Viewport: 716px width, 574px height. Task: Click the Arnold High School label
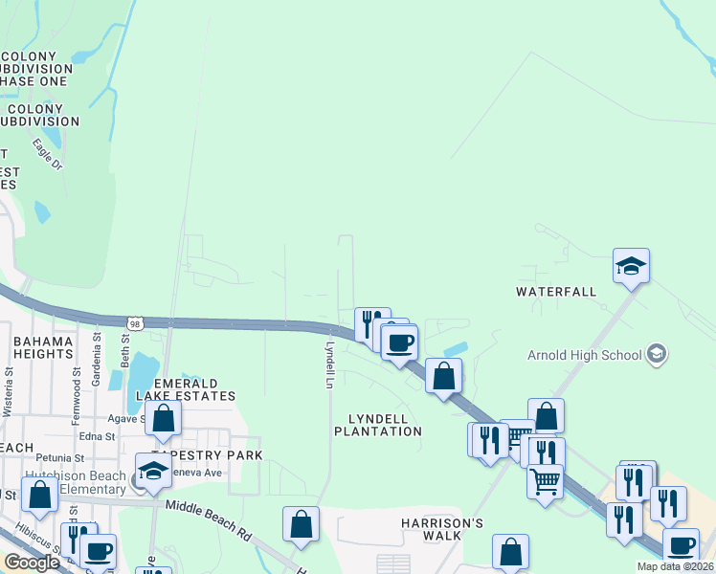click(584, 355)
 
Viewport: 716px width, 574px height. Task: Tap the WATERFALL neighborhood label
click(556, 291)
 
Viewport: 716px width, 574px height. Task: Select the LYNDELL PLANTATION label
click(377, 425)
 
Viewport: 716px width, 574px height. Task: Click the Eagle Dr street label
click(47, 155)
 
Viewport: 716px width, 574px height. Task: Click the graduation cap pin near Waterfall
click(631, 266)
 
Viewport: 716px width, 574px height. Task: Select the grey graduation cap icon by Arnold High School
click(656, 355)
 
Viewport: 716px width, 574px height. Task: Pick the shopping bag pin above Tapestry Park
click(164, 418)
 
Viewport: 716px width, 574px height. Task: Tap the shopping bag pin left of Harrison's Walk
click(301, 524)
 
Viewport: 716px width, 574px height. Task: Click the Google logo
click(32, 563)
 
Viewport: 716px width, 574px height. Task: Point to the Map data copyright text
click(676, 566)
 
